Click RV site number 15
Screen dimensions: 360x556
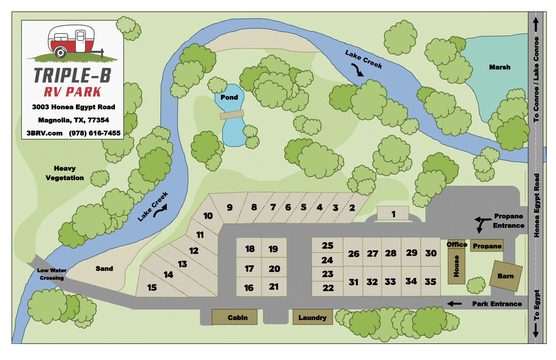(x=152, y=287)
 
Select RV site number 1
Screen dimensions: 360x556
(x=393, y=214)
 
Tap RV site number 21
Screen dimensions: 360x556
(x=274, y=286)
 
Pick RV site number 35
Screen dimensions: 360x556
(x=430, y=281)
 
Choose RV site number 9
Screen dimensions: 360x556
(x=230, y=208)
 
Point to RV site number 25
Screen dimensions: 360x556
(x=327, y=245)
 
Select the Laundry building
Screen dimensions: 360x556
(x=312, y=317)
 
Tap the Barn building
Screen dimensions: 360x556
(x=506, y=276)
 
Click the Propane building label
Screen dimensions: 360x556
(x=487, y=246)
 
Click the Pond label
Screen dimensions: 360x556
(x=229, y=97)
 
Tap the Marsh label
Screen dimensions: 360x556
(x=500, y=67)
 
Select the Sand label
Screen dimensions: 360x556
(x=104, y=269)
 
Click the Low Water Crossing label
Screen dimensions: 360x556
(x=52, y=274)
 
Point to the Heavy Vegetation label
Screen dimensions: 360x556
(x=65, y=173)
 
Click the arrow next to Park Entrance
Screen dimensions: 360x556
(x=455, y=304)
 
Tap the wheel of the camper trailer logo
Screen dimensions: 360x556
(x=61, y=52)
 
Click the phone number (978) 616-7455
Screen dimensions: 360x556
(x=95, y=133)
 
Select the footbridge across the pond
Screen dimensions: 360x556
(x=232, y=115)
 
